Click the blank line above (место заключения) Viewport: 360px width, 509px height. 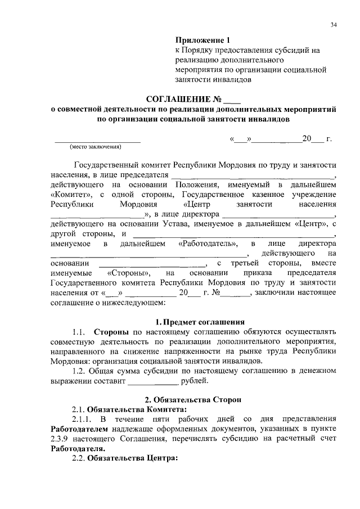tap(97, 140)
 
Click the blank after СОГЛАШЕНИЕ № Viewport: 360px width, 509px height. tap(232, 101)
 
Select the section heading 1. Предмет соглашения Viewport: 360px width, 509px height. tap(200, 322)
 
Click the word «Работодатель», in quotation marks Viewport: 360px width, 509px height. tap(209, 244)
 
